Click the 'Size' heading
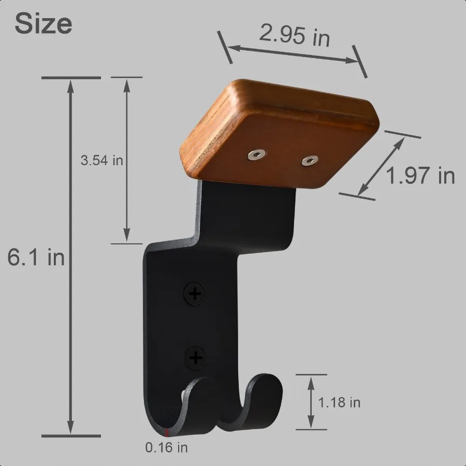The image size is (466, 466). [x=43, y=24]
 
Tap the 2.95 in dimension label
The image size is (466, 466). [x=294, y=36]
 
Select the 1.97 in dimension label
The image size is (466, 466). [x=420, y=176]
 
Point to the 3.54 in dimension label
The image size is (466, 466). [x=102, y=161]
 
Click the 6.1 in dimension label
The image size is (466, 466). [x=36, y=257]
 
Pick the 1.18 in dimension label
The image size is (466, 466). [x=339, y=402]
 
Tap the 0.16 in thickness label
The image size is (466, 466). [x=167, y=447]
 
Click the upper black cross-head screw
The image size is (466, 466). [x=195, y=295]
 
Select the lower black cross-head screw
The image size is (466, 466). [x=195, y=357]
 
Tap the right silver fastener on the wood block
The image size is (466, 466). [x=310, y=162]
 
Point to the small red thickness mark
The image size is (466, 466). [x=167, y=432]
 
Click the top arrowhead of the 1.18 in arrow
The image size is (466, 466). [x=311, y=380]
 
